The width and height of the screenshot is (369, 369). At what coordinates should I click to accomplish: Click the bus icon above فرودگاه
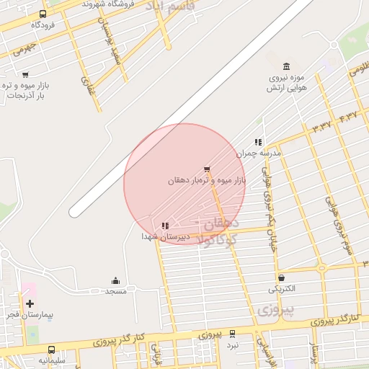[43, 14]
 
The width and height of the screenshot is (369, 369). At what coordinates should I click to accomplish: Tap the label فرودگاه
[44, 25]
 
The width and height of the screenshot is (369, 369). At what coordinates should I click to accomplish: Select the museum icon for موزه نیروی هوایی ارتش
[287, 66]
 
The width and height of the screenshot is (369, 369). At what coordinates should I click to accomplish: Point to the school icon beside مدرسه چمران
[258, 142]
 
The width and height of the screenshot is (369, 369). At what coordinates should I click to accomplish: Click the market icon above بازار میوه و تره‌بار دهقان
[208, 169]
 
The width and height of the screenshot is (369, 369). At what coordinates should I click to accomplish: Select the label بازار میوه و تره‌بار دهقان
[207, 180]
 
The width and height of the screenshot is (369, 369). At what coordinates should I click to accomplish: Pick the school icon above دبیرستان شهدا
[165, 226]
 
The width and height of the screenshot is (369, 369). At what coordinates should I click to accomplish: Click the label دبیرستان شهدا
[165, 236]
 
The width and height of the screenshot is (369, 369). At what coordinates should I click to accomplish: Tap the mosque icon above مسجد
[116, 280]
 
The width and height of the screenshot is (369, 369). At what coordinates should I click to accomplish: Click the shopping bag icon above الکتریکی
[281, 277]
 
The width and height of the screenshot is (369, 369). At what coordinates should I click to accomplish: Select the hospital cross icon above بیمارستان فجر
[30, 303]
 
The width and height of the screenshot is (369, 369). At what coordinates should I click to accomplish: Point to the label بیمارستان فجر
[26, 315]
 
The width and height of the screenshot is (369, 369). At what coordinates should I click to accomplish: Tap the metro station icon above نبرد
[232, 334]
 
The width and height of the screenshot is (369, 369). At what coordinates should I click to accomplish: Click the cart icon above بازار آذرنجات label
[26, 74]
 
